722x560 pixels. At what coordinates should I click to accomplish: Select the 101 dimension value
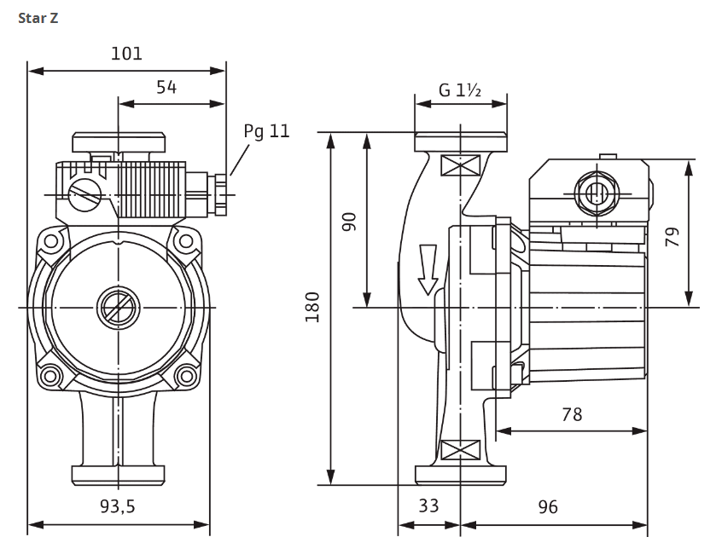click(x=126, y=54)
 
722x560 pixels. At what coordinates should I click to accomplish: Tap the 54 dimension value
click(x=166, y=87)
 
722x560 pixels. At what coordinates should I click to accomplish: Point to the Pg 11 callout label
click(x=266, y=131)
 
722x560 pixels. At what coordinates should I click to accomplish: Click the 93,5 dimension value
click(x=118, y=506)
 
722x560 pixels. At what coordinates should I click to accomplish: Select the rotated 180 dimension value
click(x=312, y=306)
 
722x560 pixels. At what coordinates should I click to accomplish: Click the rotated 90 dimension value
click(x=349, y=221)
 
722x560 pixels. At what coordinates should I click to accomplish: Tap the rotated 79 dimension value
click(x=673, y=236)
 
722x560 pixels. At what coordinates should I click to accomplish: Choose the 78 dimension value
click(x=572, y=414)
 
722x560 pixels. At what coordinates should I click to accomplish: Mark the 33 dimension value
click(x=428, y=506)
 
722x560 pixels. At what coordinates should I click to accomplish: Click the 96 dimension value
click(x=548, y=506)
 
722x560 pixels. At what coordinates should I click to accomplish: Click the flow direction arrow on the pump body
click(x=428, y=269)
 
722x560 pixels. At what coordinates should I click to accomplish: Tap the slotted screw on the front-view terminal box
click(x=85, y=193)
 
